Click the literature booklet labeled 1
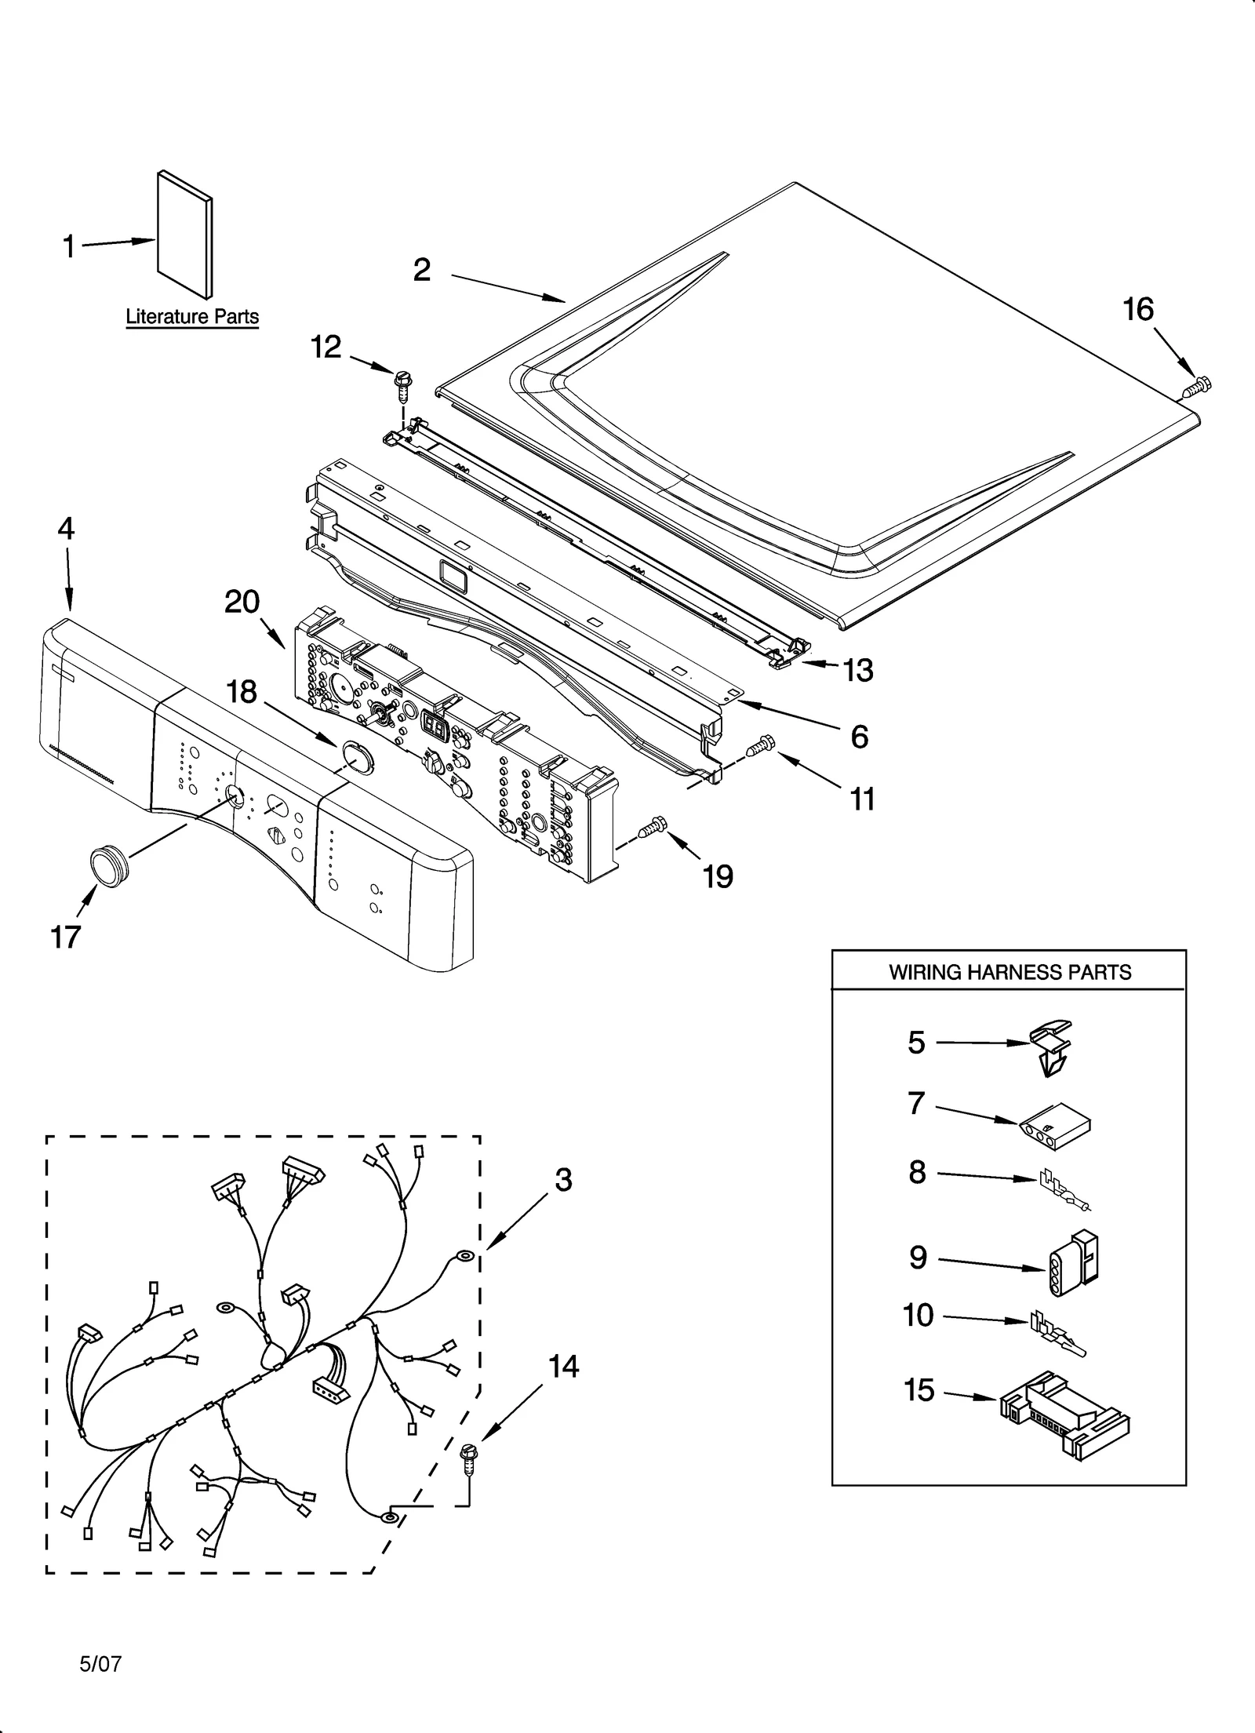185,235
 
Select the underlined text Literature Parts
192,317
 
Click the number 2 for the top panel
422,270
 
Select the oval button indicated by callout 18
358,759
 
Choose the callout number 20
242,602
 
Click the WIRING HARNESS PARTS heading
1009,973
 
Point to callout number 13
858,671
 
